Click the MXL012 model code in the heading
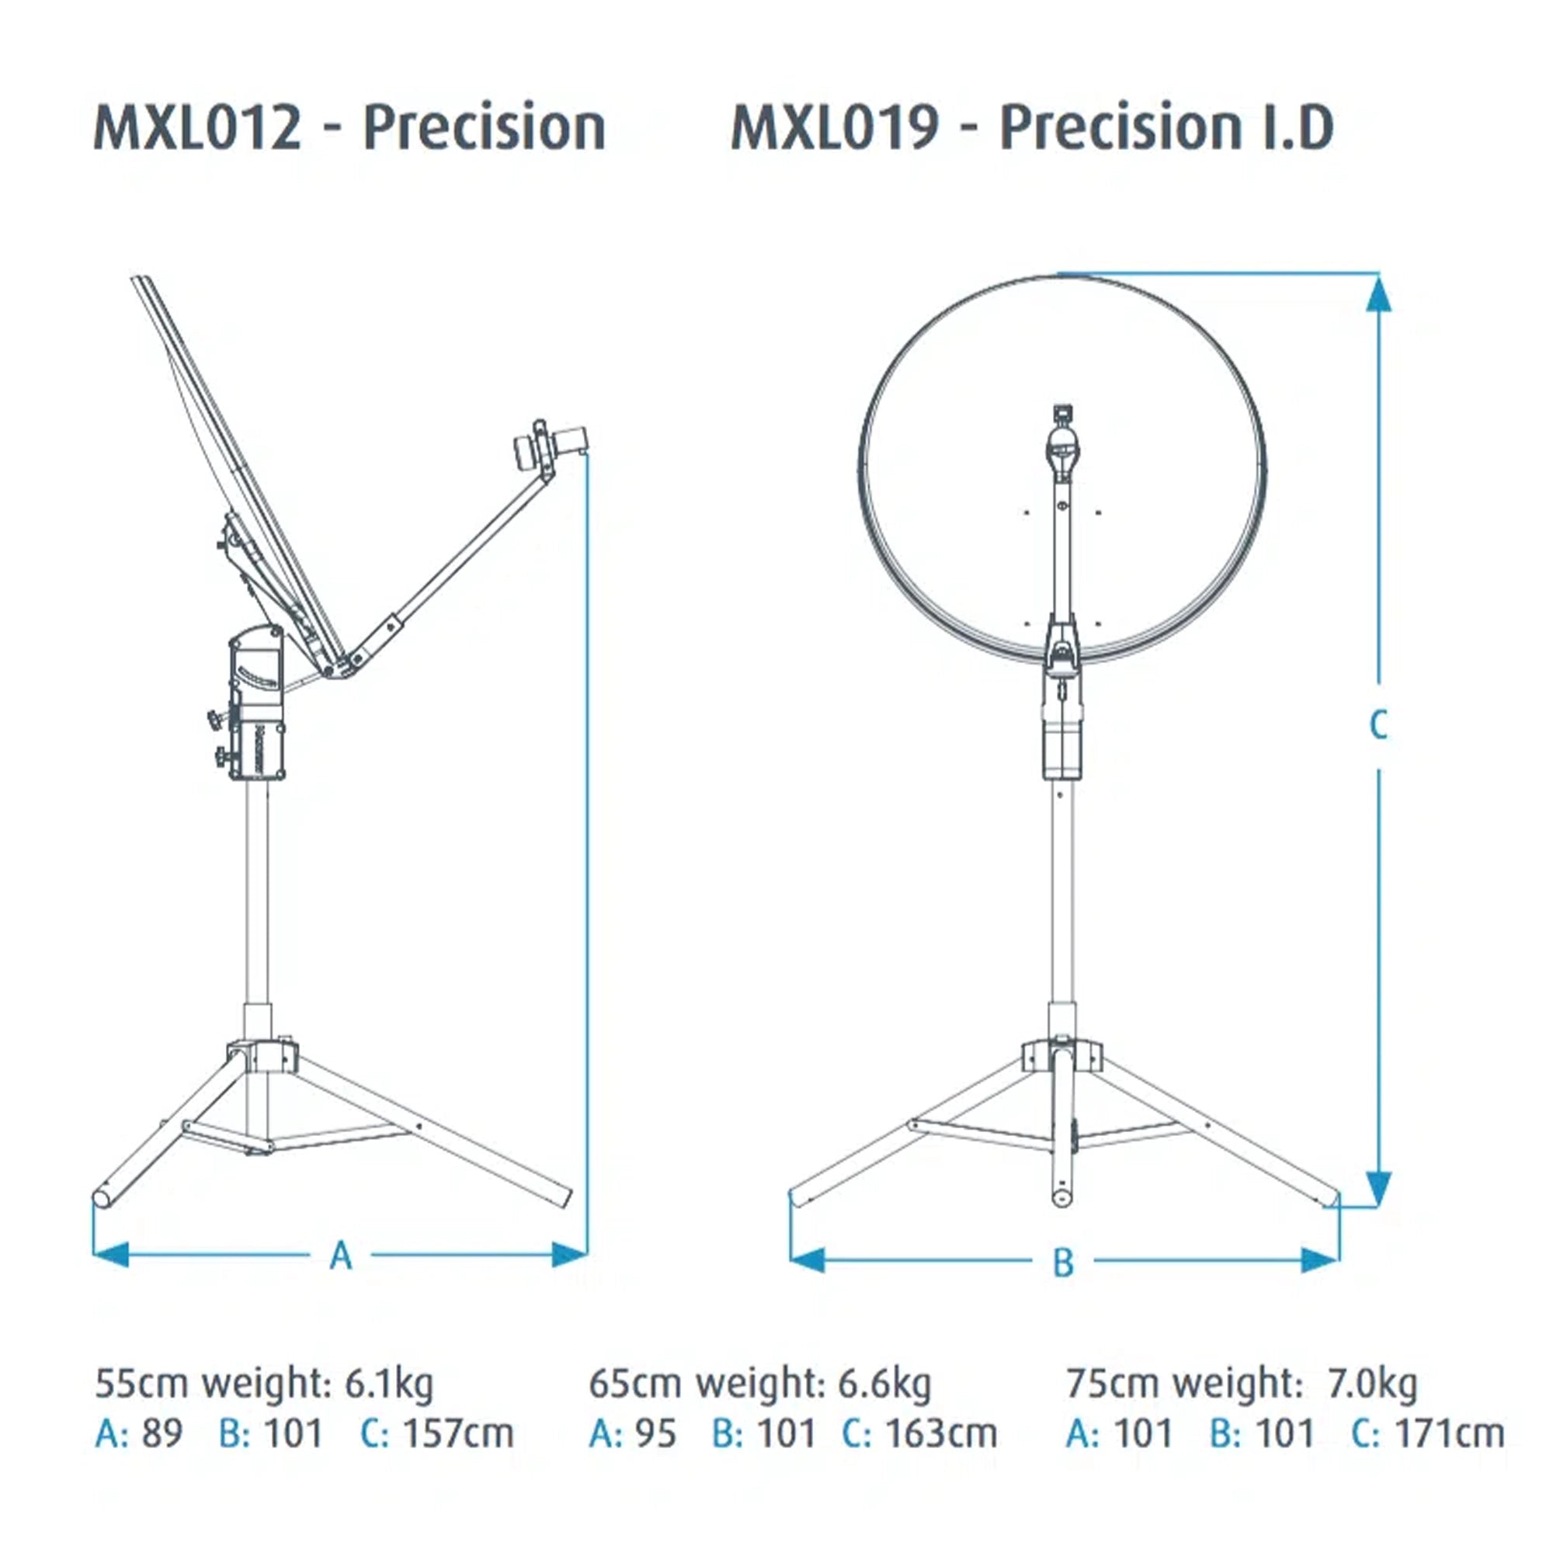pos(198,128)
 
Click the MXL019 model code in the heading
pos(835,128)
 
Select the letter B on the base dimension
pos(1063,1262)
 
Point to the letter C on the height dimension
pos(1378,725)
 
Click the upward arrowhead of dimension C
pos(1378,293)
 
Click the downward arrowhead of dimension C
pos(1378,1189)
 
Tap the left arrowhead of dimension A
pos(111,1254)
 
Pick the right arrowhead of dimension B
pos(1320,1259)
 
